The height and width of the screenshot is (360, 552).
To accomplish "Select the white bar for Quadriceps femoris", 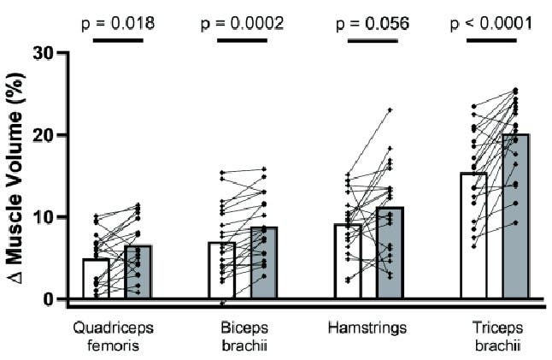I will tap(96, 279).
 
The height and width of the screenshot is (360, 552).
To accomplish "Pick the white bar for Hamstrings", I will tap(347, 262).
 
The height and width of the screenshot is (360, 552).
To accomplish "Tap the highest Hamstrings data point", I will tap(390, 110).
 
